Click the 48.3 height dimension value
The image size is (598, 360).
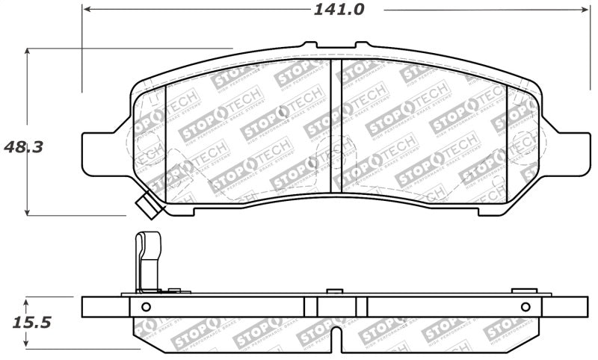tap(22, 146)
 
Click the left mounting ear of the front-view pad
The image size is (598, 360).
tap(101, 152)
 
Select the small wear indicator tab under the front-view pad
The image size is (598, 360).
tap(149, 206)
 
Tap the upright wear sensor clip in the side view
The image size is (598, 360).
tap(145, 261)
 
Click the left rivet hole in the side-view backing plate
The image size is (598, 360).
tap(146, 306)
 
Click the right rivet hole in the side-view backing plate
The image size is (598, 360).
tap(525, 306)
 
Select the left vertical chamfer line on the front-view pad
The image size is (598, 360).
tap(164, 142)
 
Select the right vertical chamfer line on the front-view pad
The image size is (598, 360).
tap(508, 142)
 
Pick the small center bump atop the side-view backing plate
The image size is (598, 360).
tap(336, 290)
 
